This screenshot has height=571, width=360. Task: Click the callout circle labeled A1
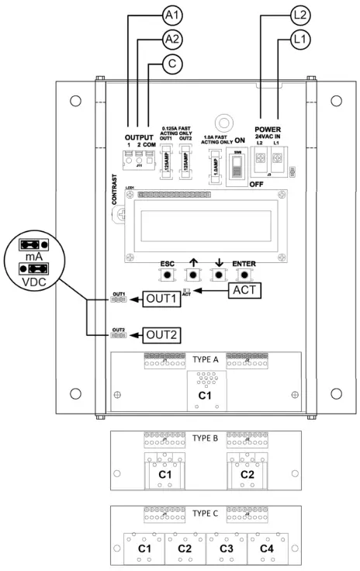(174, 16)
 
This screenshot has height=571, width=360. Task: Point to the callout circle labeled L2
(303, 16)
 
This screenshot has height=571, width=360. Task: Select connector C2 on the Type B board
(247, 472)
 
